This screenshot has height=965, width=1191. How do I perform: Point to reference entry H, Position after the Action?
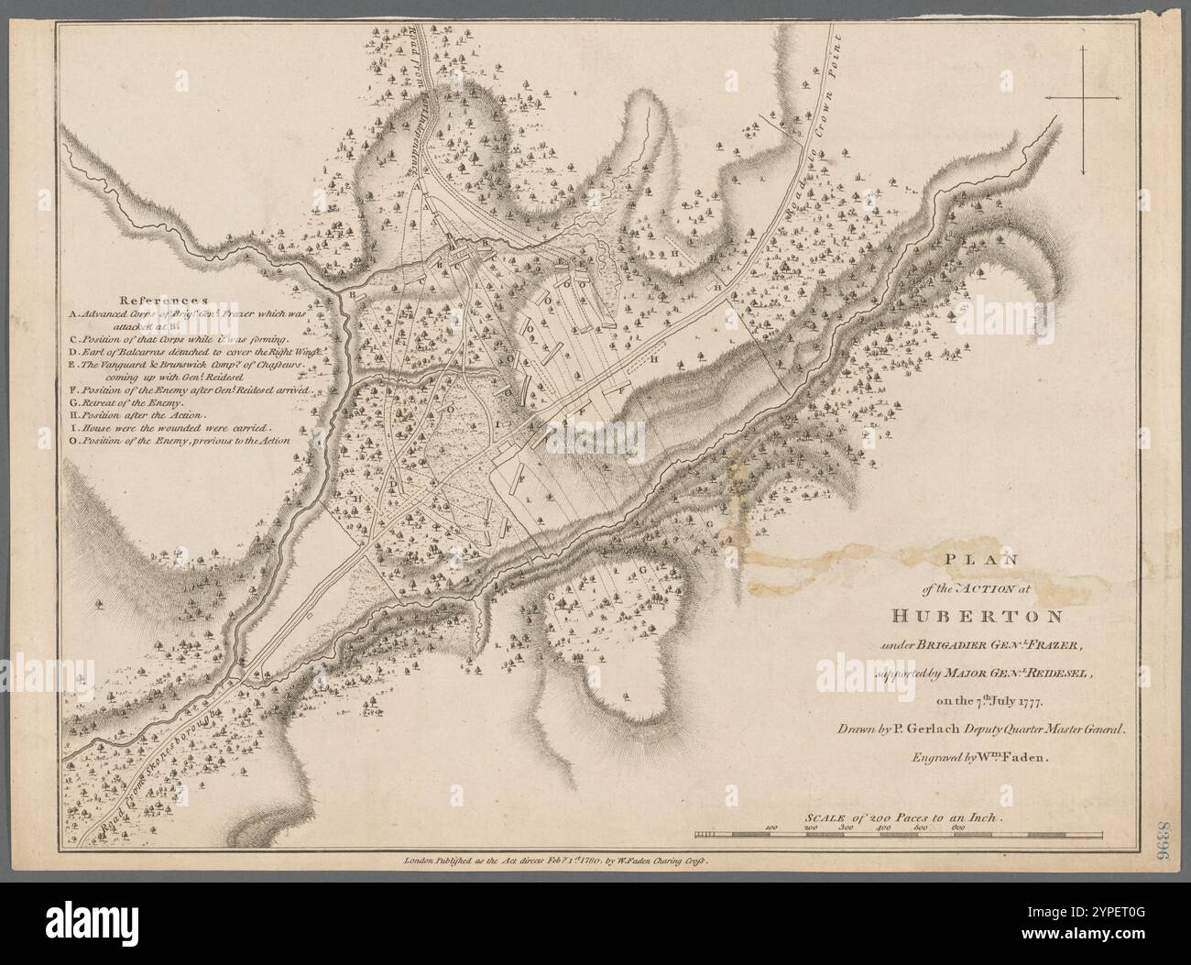click(x=143, y=415)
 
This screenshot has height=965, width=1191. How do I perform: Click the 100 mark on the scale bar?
click(x=770, y=827)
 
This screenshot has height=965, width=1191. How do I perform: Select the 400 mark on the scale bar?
click(x=884, y=827)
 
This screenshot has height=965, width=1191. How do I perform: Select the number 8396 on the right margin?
click(x=1169, y=834)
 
